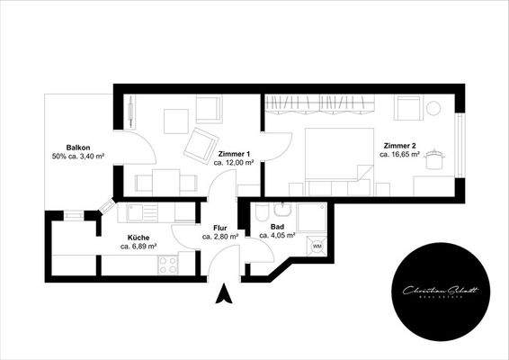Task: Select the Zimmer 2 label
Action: point(399,145)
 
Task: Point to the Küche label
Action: point(138,236)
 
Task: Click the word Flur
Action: point(220,228)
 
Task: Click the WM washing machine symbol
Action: point(317,245)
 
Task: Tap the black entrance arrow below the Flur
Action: point(225,292)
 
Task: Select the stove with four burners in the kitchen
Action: point(167,264)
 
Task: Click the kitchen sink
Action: point(139,214)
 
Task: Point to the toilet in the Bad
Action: point(260,212)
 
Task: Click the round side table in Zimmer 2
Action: point(438,158)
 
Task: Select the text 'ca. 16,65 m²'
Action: point(399,155)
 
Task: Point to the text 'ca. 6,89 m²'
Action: point(138,246)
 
